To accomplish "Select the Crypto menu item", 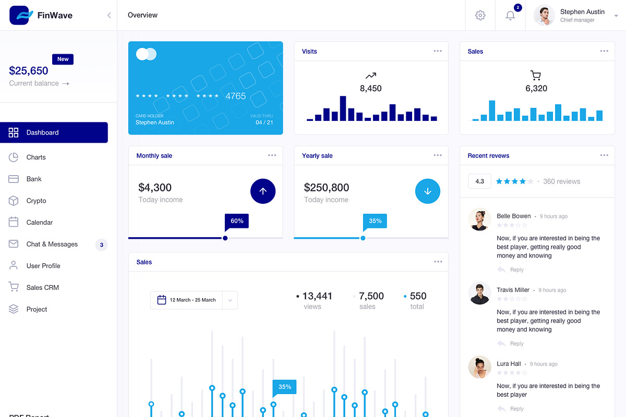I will tap(36, 201).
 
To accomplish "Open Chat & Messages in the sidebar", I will tap(52, 244).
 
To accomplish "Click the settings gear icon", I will tap(480, 15).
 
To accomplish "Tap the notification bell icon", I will tap(510, 15).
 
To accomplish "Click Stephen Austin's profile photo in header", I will tap(544, 15).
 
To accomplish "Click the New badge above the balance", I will tap(63, 59).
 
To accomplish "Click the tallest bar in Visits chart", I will tap(343, 108).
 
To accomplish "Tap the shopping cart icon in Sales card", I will tap(536, 76).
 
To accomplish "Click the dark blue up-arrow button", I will tap(263, 191).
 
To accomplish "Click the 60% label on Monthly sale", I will tap(237, 221).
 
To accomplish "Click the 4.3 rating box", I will tap(479, 181).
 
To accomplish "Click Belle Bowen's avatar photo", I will tap(479, 219).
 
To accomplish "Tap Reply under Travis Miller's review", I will tap(516, 344).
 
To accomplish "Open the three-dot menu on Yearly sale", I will tap(438, 155).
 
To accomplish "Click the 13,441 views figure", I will tap(317, 296).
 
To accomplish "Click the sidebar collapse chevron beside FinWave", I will tap(109, 15).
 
